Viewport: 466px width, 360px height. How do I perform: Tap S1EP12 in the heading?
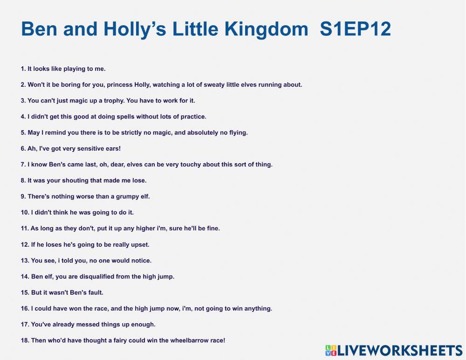[356, 29]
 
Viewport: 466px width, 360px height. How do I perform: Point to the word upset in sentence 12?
[140, 244]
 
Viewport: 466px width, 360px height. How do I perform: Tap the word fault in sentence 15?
[95, 292]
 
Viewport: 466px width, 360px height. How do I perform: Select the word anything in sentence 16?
[258, 309]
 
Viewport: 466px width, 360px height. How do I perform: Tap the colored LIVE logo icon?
[331, 351]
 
